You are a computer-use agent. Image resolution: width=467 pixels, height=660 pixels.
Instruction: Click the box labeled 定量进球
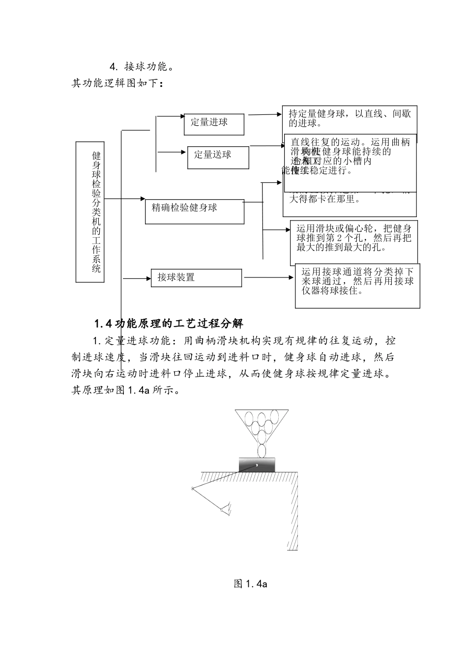pyautogui.click(x=213, y=124)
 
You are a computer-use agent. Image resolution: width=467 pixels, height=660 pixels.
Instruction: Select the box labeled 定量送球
pyautogui.click(x=218, y=157)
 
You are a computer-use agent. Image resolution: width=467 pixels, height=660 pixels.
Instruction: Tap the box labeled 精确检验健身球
pyautogui.click(x=194, y=211)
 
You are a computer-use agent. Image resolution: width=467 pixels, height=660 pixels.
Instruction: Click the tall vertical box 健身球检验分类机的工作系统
pyautogui.click(x=90, y=212)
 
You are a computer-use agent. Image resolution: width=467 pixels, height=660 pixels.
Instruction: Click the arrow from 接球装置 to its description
pyautogui.click(x=268, y=277)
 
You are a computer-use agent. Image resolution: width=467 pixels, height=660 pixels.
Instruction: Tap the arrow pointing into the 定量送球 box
pyautogui.click(x=172, y=152)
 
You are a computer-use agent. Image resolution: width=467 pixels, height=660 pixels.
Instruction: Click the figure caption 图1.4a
pyautogui.click(x=250, y=584)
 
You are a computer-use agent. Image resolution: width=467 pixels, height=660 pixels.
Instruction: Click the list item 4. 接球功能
pyautogui.click(x=141, y=66)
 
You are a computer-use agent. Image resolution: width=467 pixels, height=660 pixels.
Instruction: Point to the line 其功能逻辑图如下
pyautogui.click(x=117, y=83)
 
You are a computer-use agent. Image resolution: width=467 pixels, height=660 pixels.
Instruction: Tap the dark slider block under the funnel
pyautogui.click(x=257, y=465)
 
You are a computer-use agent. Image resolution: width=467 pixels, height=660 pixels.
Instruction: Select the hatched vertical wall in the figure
pyautogui.click(x=292, y=511)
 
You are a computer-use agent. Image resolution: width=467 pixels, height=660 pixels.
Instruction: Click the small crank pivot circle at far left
pyautogui.click(x=192, y=488)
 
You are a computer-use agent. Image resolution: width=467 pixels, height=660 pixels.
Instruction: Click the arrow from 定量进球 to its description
pyautogui.click(x=265, y=115)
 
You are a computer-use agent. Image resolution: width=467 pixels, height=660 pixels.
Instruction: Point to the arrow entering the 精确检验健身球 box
pyautogui.click(x=125, y=199)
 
